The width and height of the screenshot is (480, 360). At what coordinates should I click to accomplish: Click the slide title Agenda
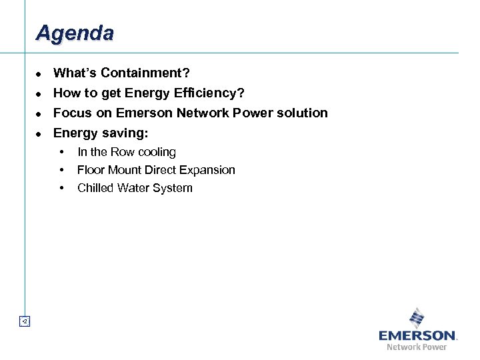point(75,33)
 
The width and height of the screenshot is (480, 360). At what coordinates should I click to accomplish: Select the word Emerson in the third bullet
point(144,113)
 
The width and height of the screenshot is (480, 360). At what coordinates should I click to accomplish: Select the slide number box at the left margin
point(24,321)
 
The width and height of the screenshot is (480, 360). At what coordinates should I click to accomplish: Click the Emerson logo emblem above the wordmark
point(417,317)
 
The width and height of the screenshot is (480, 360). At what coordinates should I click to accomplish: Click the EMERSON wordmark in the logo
point(417,335)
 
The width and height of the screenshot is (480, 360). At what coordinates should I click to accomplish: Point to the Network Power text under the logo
point(417,347)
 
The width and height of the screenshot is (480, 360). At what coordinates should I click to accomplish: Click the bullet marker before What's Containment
point(39,73)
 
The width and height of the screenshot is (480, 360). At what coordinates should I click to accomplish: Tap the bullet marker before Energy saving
point(39,133)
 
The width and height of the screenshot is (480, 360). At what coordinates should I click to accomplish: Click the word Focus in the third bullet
point(73,113)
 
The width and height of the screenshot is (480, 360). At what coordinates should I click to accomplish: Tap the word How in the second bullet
point(65,93)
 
